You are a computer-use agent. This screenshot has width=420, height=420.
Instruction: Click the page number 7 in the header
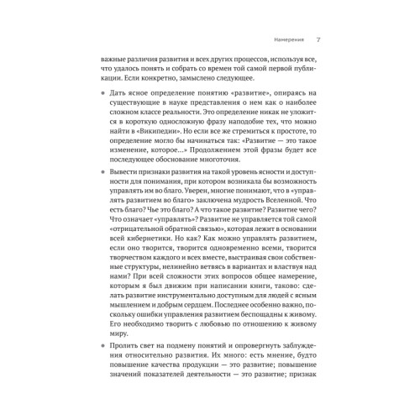click(x=318, y=39)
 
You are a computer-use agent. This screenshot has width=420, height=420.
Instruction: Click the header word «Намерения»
click(x=281, y=39)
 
